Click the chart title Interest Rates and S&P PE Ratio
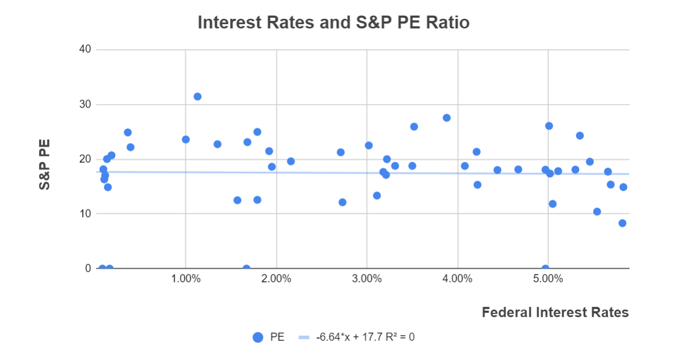(x=334, y=22)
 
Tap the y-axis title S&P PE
(x=45, y=164)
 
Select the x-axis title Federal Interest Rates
(x=555, y=312)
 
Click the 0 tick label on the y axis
(x=88, y=268)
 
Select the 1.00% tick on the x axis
(x=185, y=279)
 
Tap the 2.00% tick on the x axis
(x=276, y=279)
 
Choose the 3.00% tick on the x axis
(x=367, y=279)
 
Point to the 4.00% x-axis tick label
(x=458, y=279)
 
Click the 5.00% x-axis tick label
(x=548, y=279)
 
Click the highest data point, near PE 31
(x=197, y=96)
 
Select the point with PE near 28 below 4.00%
(x=447, y=118)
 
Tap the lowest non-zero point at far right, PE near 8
(x=622, y=223)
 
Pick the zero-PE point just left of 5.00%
(x=545, y=268)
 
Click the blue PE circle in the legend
(x=258, y=337)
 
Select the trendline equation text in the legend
(x=365, y=337)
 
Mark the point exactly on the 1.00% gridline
(x=186, y=139)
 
